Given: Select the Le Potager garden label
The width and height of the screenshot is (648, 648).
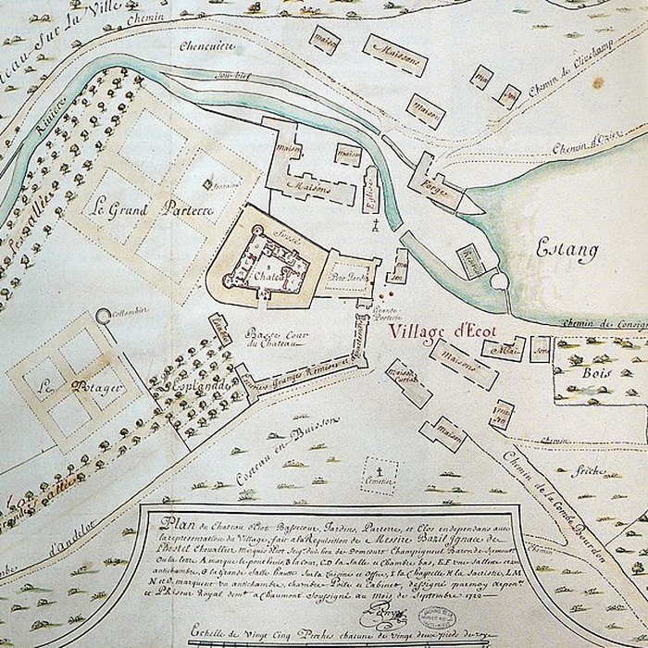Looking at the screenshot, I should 69,388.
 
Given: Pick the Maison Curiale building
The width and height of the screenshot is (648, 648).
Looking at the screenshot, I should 405,378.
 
